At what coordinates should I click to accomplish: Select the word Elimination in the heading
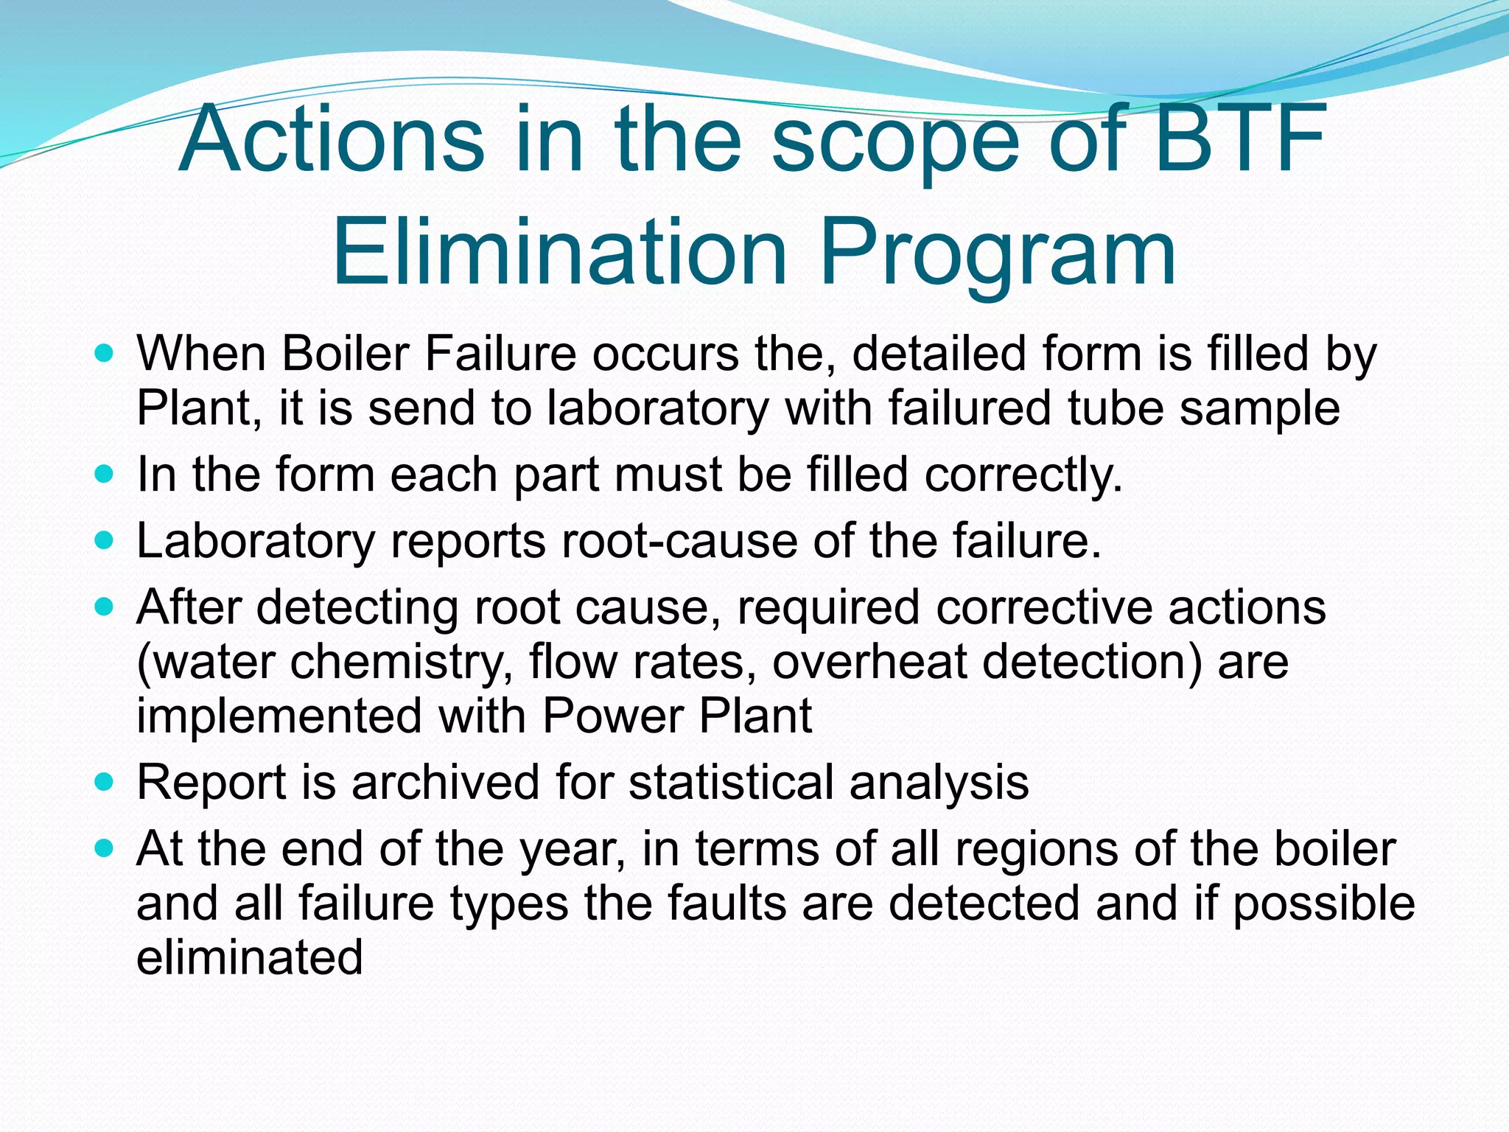coord(560,252)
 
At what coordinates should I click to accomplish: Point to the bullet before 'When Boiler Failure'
coord(105,354)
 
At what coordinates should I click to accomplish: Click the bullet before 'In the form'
coord(105,474)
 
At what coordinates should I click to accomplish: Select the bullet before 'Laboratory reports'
coord(105,541)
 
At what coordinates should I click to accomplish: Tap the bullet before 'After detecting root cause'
coord(105,607)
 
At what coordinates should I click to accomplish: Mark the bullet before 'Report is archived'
coord(105,782)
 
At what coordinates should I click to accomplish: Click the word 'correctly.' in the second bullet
coord(1023,475)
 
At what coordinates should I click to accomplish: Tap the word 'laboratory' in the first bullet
coord(657,410)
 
